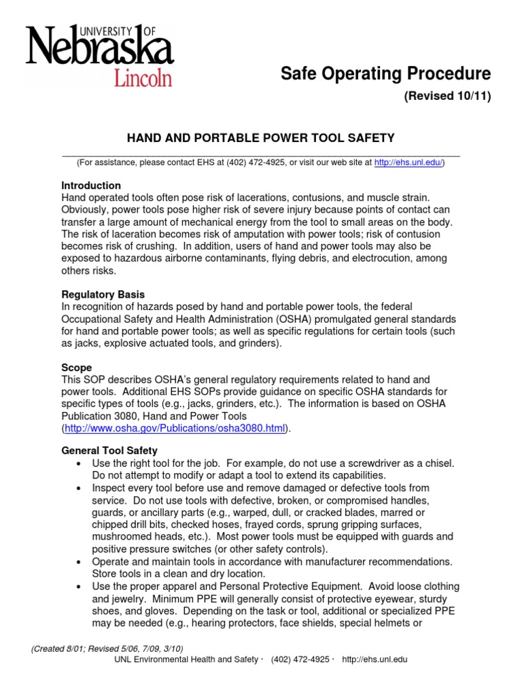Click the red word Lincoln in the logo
[142, 76]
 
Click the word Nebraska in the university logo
[99, 49]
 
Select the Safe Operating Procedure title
[385, 73]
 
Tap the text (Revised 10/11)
[447, 97]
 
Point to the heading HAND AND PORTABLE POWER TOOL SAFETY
[261, 138]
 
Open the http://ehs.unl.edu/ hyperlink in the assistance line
[408, 163]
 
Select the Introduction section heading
[91, 186]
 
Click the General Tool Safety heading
[109, 451]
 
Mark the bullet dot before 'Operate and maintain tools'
[79, 561]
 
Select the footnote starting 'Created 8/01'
[107, 648]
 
